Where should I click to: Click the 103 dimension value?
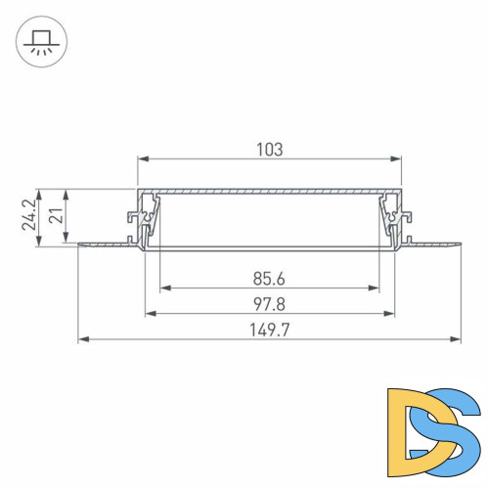click(269, 150)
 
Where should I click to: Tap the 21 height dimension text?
click(58, 213)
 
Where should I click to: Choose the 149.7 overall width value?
click(269, 331)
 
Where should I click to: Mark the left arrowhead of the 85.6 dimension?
click(164, 289)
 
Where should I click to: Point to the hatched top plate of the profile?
click(269, 190)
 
